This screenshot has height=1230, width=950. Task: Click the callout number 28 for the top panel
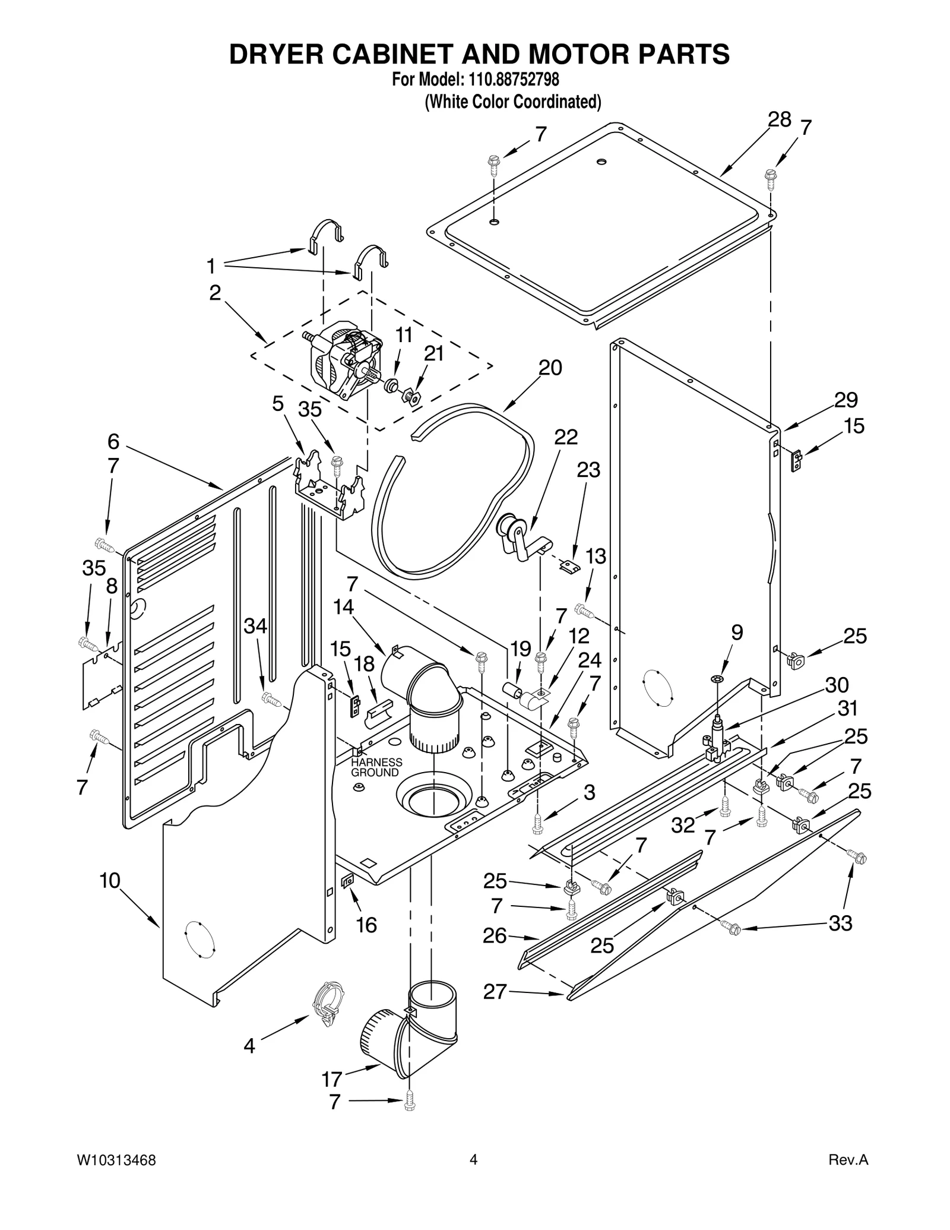pos(779,120)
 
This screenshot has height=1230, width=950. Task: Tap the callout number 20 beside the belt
pos(550,368)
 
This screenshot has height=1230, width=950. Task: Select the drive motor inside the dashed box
pos(343,363)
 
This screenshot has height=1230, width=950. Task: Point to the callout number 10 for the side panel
pos(110,880)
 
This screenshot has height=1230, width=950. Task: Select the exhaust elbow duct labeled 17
pos(410,1036)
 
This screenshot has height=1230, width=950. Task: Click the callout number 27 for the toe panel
pos(495,991)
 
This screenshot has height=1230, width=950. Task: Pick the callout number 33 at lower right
pos(840,923)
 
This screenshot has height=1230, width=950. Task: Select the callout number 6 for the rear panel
pos(113,441)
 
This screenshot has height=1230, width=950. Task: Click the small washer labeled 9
pos(717,679)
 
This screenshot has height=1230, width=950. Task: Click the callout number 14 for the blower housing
pos(343,607)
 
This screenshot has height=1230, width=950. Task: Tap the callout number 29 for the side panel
pos(845,400)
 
